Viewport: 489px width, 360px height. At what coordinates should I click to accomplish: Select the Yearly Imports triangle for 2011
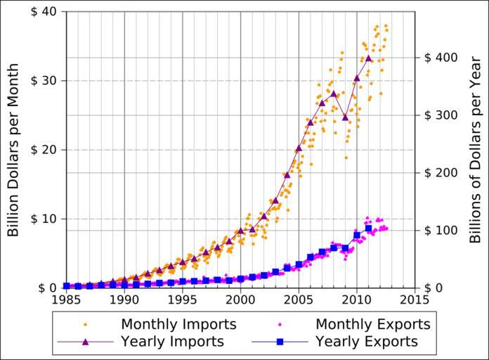pyautogui.click(x=368, y=58)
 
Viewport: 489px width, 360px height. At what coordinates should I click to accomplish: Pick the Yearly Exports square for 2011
pyautogui.click(x=368, y=229)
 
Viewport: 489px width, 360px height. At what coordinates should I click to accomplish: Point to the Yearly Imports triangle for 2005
pyautogui.click(x=299, y=148)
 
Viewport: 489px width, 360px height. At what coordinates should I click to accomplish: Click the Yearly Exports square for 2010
pyautogui.click(x=357, y=235)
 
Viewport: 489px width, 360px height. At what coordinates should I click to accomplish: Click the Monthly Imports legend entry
pyautogui.click(x=178, y=324)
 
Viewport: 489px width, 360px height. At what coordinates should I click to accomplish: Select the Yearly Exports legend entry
pyautogui.click(x=366, y=342)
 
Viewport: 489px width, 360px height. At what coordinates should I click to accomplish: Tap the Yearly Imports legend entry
pyautogui.click(x=172, y=342)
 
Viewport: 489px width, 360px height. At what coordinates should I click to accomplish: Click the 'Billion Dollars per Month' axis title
pyautogui.click(x=13, y=150)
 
